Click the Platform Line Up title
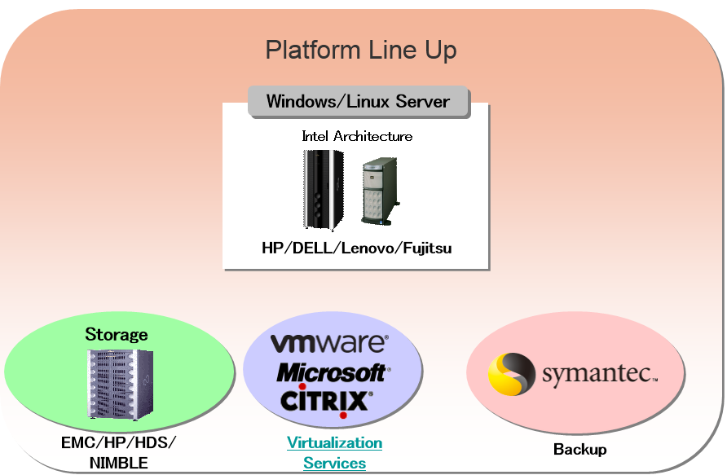pyautogui.click(x=361, y=51)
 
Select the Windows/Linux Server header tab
pyautogui.click(x=358, y=102)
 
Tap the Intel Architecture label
pyautogui.click(x=357, y=136)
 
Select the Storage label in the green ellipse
pyautogui.click(x=117, y=334)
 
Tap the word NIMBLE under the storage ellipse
pyautogui.click(x=119, y=464)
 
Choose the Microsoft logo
pyautogui.click(x=331, y=372)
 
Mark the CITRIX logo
pyautogui.click(x=326, y=401)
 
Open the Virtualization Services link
pyautogui.click(x=334, y=453)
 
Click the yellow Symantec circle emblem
pyautogui.click(x=511, y=374)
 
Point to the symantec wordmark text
pyautogui.click(x=598, y=375)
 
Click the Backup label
pyautogui.click(x=579, y=449)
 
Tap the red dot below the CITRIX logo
pyautogui.click(x=343, y=415)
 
